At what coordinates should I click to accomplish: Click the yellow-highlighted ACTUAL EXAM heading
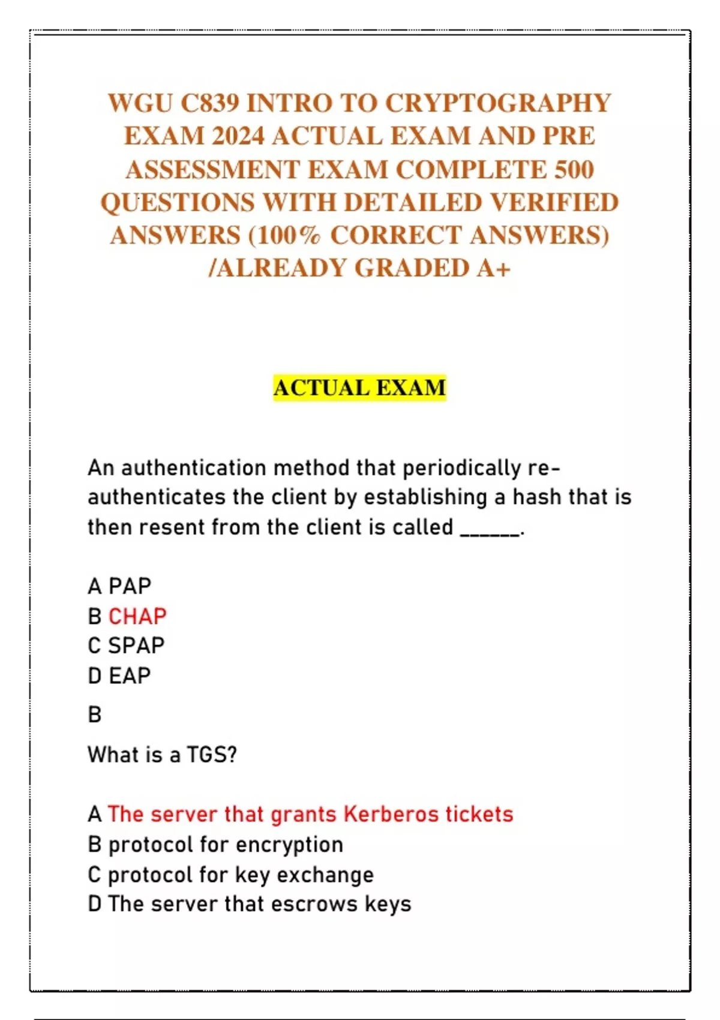[359, 388]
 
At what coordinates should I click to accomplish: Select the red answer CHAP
[137, 616]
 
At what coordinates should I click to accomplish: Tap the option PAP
[130, 586]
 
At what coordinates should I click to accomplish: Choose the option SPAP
[136, 646]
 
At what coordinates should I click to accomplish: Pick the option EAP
[129, 676]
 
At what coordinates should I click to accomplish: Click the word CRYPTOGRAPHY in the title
[497, 103]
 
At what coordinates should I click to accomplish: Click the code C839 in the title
[210, 103]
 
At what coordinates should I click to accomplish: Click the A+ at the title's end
[494, 268]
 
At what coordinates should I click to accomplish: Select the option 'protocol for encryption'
[225, 845]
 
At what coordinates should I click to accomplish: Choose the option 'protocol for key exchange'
[240, 875]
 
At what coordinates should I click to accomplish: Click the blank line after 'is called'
[490, 529]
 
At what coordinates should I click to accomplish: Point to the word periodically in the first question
[461, 467]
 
